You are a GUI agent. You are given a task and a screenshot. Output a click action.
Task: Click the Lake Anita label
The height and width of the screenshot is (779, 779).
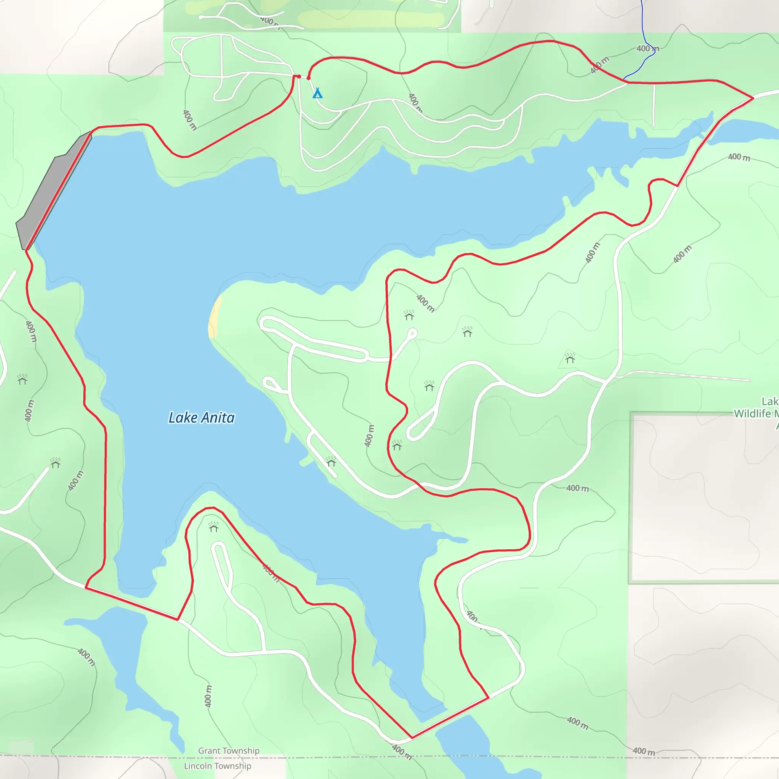point(201,418)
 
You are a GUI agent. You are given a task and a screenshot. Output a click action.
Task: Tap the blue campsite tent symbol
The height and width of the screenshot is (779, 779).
point(318,94)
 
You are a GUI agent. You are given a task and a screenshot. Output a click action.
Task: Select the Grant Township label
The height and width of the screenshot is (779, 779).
point(229,750)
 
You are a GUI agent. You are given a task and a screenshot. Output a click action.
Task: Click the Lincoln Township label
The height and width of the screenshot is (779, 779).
point(217,766)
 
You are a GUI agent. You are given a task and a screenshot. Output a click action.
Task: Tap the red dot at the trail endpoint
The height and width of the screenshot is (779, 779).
point(308,78)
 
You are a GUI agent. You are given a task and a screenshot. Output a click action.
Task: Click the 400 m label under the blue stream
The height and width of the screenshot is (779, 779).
point(648,49)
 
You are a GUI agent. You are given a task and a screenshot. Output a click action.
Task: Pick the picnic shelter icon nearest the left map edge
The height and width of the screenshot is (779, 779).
point(22,379)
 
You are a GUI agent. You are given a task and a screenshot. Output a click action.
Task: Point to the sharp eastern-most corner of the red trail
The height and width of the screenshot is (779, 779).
point(753,98)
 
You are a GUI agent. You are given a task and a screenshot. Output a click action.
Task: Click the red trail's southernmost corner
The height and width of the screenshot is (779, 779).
point(412,738)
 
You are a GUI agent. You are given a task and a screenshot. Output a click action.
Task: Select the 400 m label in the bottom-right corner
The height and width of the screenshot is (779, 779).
point(644,751)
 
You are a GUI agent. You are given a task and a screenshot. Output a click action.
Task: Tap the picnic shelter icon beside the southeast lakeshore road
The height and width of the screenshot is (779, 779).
point(331,461)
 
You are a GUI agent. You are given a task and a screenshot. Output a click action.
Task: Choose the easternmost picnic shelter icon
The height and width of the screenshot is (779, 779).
point(570,358)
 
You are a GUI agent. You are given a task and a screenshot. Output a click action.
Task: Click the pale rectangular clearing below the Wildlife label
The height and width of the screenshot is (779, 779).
point(704,498)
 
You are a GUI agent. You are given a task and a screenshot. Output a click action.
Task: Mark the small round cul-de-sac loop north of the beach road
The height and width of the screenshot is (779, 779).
point(412,333)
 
